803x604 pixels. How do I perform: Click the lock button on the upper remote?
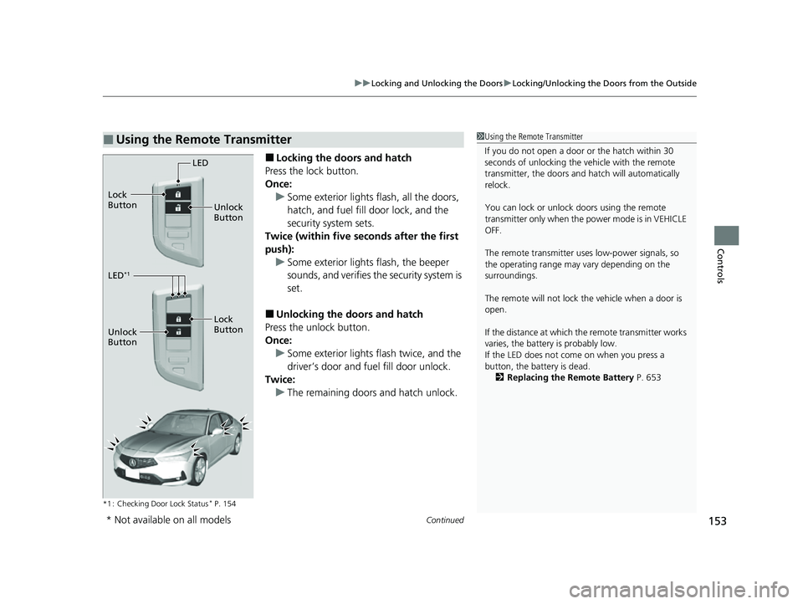pyautogui.click(x=177, y=192)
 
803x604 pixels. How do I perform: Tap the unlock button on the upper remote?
pyautogui.click(x=177, y=207)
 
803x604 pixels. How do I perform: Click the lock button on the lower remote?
pyautogui.click(x=177, y=319)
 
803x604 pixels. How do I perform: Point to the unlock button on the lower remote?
pyautogui.click(x=177, y=332)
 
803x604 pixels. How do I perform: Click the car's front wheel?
pyautogui.click(x=197, y=469)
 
